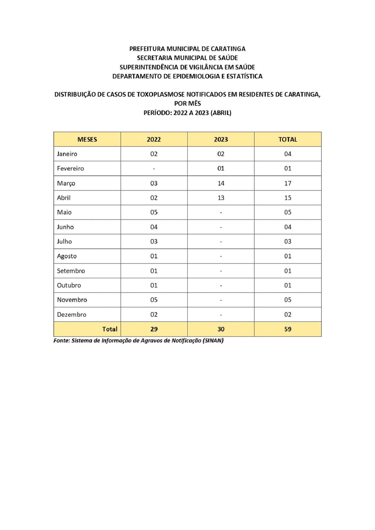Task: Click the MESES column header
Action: pyautogui.click(x=87, y=139)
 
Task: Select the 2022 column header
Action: pyautogui.click(x=154, y=139)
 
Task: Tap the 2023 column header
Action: pyautogui.click(x=221, y=139)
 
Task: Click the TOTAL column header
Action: pyautogui.click(x=288, y=139)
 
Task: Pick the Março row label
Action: pyautogui.click(x=66, y=183)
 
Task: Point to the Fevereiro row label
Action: pyautogui.click(x=70, y=169)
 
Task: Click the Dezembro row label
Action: pyautogui.click(x=72, y=314)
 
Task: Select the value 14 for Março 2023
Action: pyautogui.click(x=221, y=183)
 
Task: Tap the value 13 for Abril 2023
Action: pyautogui.click(x=221, y=198)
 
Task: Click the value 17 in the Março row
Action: pyautogui.click(x=288, y=183)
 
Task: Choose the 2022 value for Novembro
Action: pyautogui.click(x=154, y=300)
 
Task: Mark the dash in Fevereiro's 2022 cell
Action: pyautogui.click(x=154, y=169)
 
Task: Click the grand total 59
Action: pyautogui.click(x=288, y=329)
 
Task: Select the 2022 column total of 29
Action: pyautogui.click(x=154, y=329)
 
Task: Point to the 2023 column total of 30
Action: pyautogui.click(x=221, y=329)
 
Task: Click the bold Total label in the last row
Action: pyautogui.click(x=110, y=329)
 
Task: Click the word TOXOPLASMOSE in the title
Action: pyautogui.click(x=161, y=94)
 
